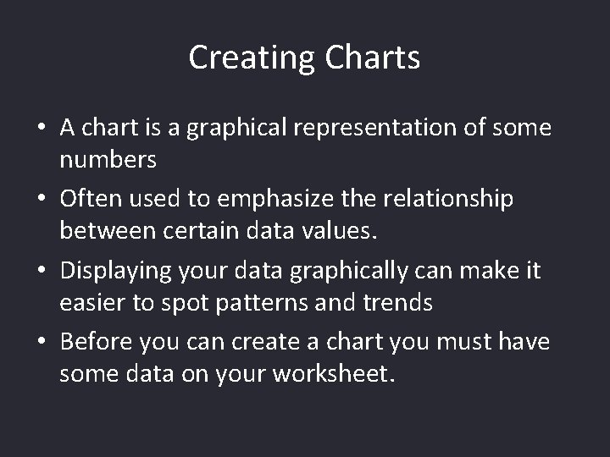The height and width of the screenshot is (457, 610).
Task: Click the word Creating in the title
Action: coord(251,58)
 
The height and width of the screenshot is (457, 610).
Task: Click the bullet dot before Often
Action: coord(41,200)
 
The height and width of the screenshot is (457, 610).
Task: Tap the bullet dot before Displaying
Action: coord(41,272)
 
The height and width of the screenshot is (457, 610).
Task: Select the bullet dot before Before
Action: coord(41,344)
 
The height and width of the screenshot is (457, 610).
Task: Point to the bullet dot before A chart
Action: coord(41,129)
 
